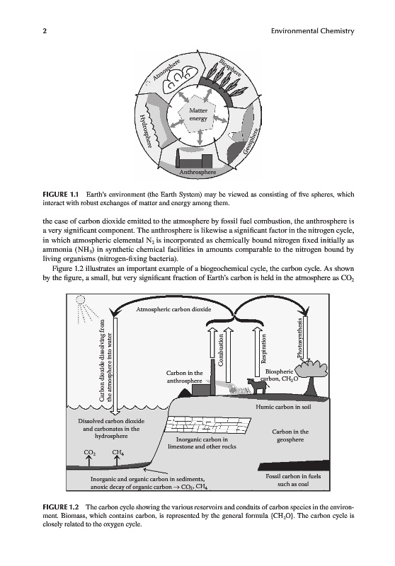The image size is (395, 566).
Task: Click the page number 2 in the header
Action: pos(45,31)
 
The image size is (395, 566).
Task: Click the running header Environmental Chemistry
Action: pos(312,31)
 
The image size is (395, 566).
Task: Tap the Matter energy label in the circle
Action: pos(198,115)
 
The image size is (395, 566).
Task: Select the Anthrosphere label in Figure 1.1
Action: pos(197,172)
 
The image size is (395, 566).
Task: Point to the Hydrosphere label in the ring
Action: pos(145,130)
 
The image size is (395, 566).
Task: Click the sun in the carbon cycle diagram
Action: pos(80,300)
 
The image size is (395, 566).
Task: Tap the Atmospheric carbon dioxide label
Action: pos(173,309)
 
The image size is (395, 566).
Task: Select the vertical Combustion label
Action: pos(221,350)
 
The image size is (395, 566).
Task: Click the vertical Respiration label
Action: pos(263,348)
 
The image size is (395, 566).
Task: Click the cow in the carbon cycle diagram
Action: pos(258,386)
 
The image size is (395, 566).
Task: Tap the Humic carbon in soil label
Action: pos(283,407)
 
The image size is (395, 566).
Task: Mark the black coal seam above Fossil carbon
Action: pos(294,466)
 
